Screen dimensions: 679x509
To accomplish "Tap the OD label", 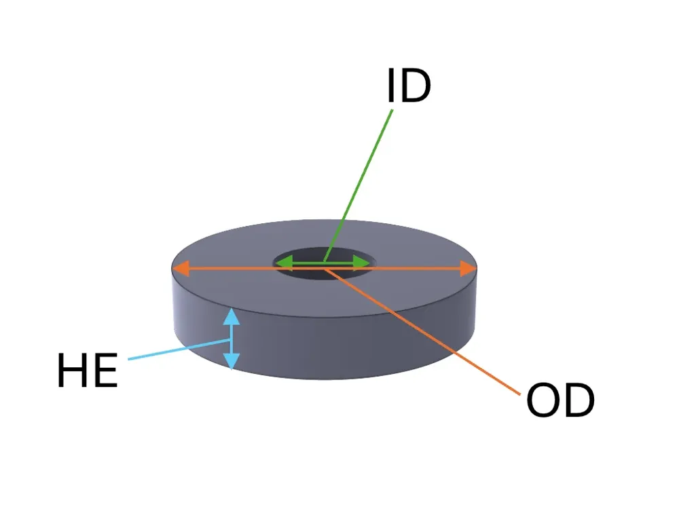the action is coord(560,400).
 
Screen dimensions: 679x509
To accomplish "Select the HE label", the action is coord(88,370).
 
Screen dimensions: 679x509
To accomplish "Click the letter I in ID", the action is coord(391,86).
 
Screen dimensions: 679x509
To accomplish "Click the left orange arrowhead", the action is coord(181,268).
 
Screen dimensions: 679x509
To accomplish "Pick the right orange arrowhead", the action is coord(468,268).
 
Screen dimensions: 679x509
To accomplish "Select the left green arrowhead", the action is coord(284,263).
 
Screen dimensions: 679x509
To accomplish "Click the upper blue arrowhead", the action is coord(232,316).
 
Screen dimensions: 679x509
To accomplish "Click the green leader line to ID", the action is coord(358,186).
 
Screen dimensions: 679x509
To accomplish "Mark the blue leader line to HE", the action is coord(179,350).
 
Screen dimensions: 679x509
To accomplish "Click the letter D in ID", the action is coord(416,86).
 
